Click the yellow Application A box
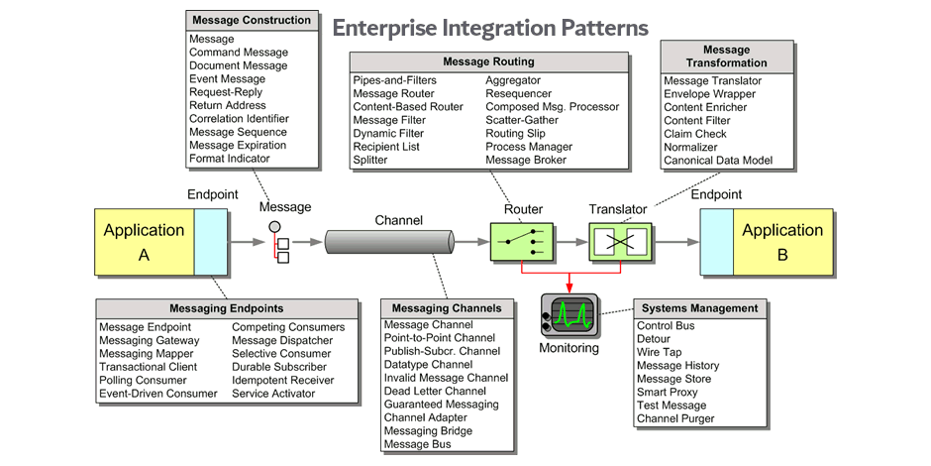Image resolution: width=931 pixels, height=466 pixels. [145, 242]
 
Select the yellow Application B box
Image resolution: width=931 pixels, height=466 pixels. [782, 242]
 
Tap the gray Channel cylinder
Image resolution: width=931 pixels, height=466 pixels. [388, 241]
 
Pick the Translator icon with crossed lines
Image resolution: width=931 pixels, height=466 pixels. [619, 241]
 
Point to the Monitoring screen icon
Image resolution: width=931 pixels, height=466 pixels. [569, 314]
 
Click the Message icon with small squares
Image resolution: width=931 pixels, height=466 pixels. [280, 244]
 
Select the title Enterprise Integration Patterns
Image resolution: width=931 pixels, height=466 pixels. [490, 27]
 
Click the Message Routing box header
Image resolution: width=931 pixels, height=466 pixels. [488, 61]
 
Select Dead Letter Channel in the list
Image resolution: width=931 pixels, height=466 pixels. [435, 392]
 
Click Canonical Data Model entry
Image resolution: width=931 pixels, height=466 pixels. [717, 161]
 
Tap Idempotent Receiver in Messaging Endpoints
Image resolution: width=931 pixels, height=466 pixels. [282, 380]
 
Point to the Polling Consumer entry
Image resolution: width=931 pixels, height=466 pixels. [143, 380]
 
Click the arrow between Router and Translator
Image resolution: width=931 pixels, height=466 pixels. [569, 241]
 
